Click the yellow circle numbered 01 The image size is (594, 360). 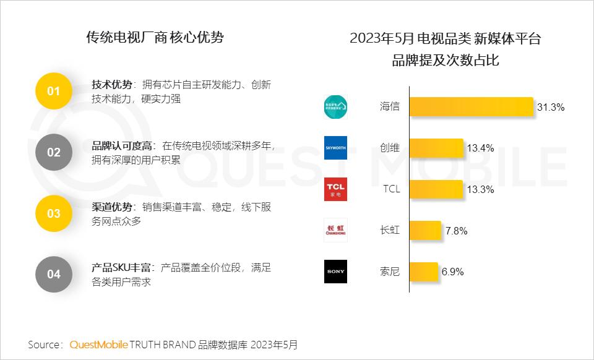point(54,91)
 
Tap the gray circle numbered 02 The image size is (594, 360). point(54,152)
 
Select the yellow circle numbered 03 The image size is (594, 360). point(54,213)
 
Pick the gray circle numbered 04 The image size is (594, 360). point(54,274)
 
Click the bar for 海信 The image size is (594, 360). point(471,106)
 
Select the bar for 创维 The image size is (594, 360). point(436,148)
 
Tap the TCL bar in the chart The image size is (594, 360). point(436,189)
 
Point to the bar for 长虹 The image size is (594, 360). point(425,231)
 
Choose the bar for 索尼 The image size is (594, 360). point(424,272)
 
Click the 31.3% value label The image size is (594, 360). point(551,107)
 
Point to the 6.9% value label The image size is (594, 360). point(452,272)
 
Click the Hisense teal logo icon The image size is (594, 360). point(335,106)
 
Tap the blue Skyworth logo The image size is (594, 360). point(335,148)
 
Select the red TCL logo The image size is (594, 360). point(335,189)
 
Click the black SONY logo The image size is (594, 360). point(335,272)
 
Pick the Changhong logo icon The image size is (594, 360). point(335,230)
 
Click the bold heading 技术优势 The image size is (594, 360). point(112,85)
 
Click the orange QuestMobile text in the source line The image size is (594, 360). point(98,345)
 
